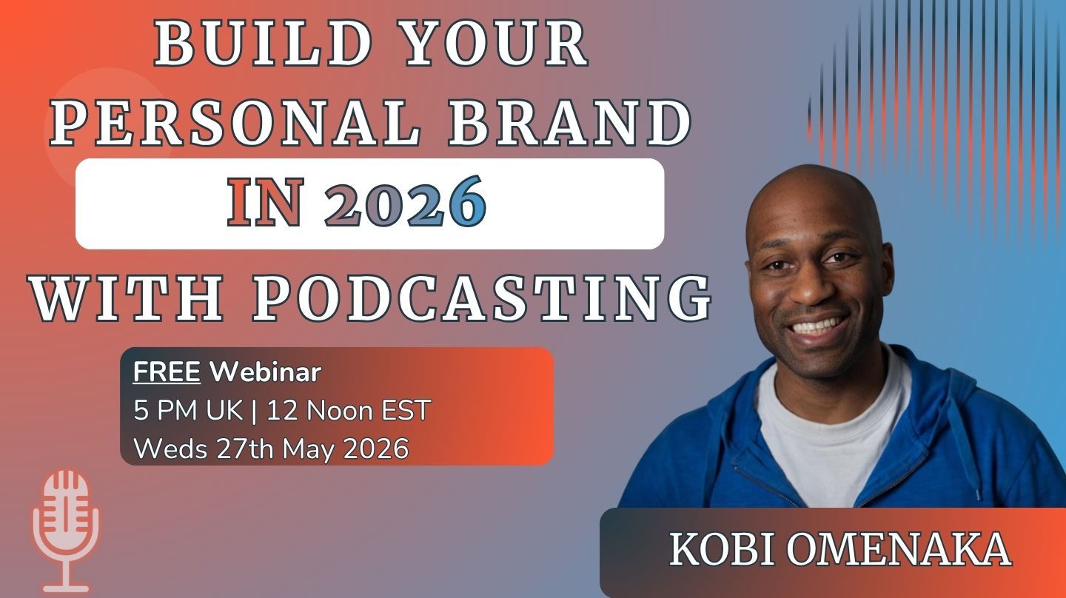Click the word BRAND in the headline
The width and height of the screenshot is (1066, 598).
[570, 123]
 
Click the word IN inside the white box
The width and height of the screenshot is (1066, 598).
[265, 202]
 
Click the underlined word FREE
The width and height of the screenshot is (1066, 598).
[167, 372]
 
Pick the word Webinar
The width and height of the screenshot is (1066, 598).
[266, 372]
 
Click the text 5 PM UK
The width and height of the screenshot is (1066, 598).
[188, 410]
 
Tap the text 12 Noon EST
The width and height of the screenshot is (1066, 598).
[349, 410]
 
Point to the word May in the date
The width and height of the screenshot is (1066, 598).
[309, 449]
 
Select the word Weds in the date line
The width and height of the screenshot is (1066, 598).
[170, 448]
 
